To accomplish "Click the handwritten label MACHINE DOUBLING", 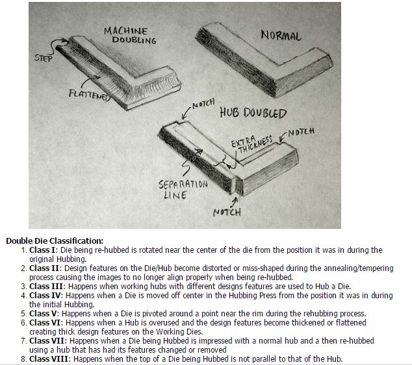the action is [130, 36].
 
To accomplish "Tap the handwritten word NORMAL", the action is [281, 36].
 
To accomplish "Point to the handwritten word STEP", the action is [44, 58].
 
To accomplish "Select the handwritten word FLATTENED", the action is [89, 95].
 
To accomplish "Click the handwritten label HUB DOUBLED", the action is [253, 113].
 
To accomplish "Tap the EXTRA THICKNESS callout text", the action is [251, 144].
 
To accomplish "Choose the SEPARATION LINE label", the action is [183, 189].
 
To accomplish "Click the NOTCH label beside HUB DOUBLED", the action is [203, 104].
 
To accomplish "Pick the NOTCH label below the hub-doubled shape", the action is [227, 212].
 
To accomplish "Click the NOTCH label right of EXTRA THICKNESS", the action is [301, 132].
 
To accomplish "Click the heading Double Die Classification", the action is [55, 241].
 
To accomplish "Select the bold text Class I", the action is [42, 250].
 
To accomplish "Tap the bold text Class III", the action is [46, 286].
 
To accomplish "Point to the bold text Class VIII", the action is [49, 359].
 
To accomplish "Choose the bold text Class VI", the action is [45, 322].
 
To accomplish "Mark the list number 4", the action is [23, 296].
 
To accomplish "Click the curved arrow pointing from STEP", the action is [57, 46].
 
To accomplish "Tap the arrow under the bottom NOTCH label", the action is [235, 202].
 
